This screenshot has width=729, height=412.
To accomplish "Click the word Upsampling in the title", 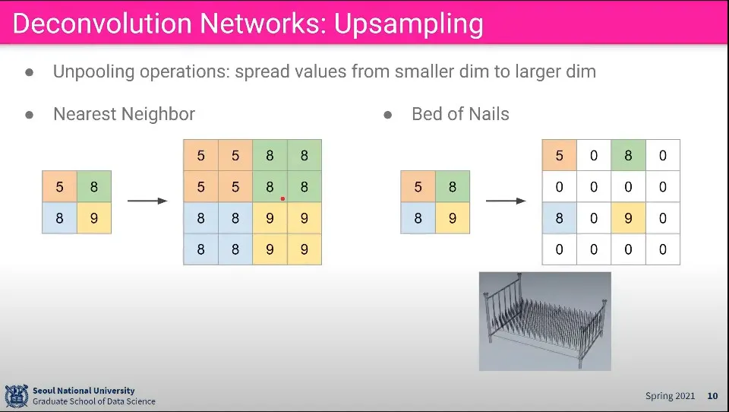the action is coord(409,24).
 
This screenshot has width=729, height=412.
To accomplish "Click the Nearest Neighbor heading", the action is coord(124,114).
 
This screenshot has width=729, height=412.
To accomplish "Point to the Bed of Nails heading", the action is coord(460,114).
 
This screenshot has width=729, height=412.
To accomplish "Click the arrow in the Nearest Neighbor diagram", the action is coord(147,201).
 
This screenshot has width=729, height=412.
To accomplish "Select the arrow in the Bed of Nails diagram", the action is coord(506,201).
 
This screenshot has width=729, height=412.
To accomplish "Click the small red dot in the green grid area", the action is coord(282,199).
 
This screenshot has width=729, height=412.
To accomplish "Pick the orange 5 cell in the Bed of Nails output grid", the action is coord(560,155).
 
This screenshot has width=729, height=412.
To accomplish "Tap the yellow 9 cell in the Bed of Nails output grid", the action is coord(628,218).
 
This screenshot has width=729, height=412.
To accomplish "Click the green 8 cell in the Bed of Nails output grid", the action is coord(628,155).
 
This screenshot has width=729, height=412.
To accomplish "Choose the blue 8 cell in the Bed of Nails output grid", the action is coord(560,218).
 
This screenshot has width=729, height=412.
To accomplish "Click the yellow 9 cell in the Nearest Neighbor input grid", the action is coord(94,218).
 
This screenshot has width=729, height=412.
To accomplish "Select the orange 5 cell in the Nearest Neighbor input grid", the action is coord(59,187).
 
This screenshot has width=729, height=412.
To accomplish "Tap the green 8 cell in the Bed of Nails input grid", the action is coord(453,187).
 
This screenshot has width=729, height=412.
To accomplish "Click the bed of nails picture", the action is coord(545,322).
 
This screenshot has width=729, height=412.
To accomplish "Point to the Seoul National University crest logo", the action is coord(16,396).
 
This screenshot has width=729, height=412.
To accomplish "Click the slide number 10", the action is coord(712,396).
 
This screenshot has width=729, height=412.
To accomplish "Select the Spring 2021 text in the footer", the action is coord(670,396).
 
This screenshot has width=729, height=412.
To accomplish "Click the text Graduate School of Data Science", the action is coord(94,401).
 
